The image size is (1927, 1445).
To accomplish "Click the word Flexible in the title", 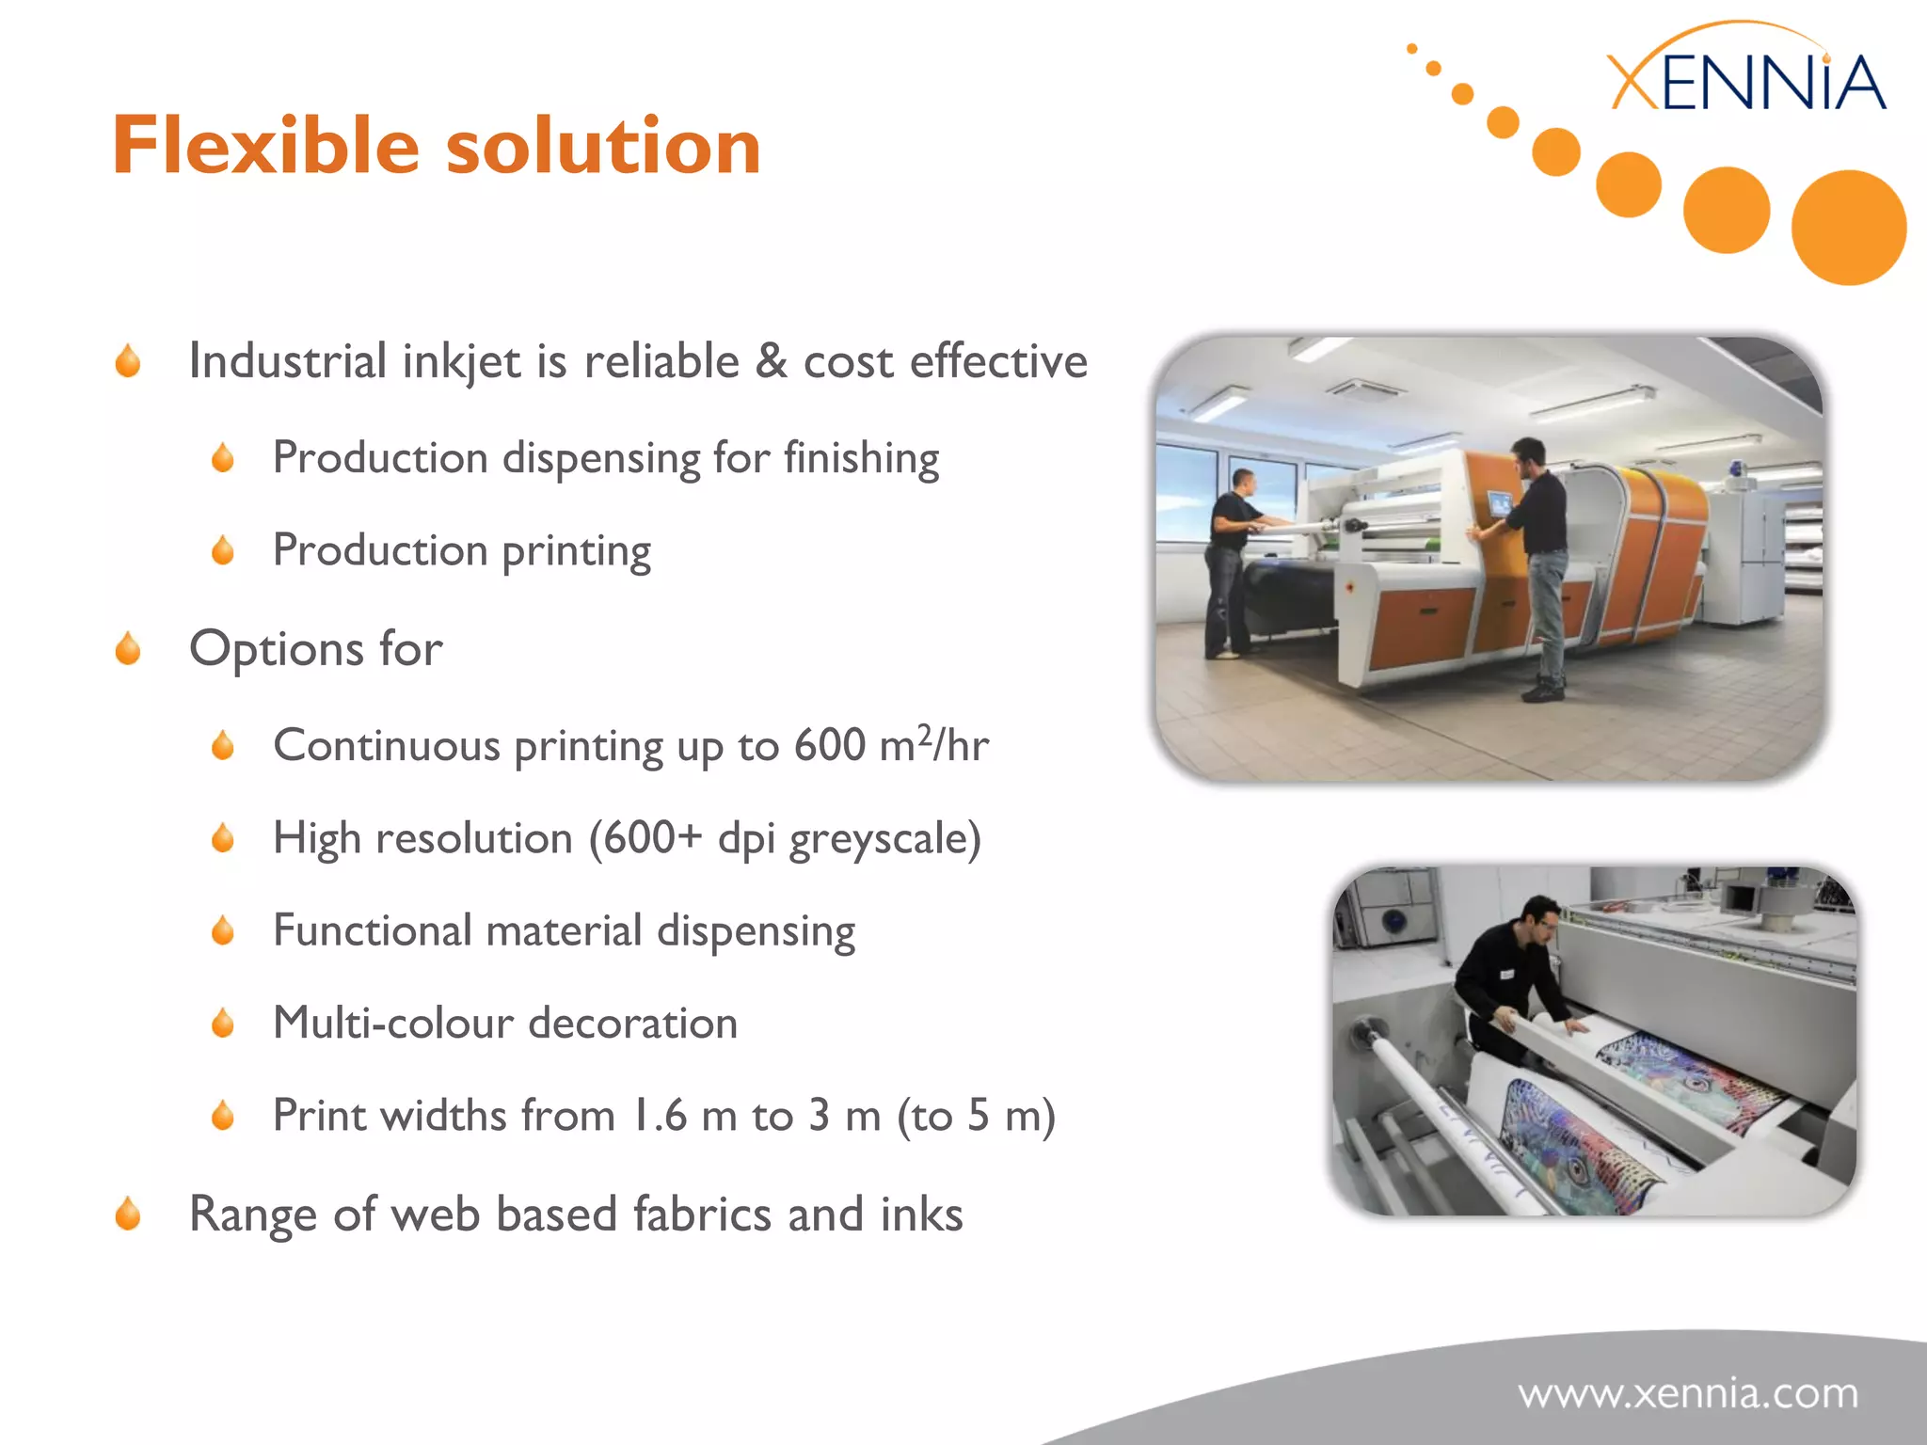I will [265, 146].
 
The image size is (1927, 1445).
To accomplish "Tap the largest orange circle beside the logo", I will [1848, 228].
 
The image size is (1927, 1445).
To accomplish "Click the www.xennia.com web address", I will [1688, 1393].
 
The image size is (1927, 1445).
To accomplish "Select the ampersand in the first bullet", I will [771, 361].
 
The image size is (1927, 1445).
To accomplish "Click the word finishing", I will [861, 459].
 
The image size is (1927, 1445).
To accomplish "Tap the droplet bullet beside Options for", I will [128, 649].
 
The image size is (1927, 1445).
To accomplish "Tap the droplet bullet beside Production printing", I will [223, 551].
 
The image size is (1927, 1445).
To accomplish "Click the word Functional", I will [372, 931].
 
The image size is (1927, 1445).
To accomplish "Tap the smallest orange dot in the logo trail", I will [1411, 49].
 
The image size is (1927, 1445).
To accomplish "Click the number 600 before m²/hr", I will [829, 746].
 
